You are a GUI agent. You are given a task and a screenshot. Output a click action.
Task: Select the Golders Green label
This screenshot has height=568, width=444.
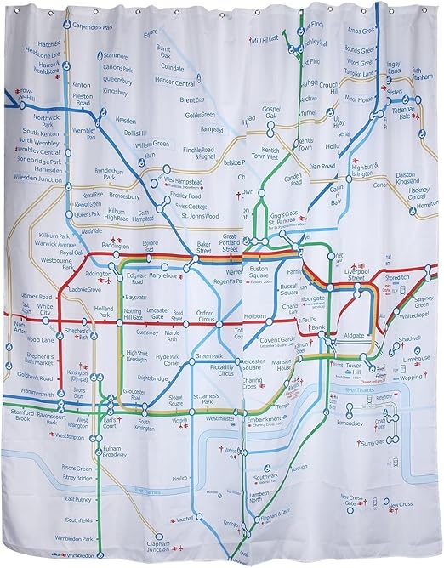coord(200,115)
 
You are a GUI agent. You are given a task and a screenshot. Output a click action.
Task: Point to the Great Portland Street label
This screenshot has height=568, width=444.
coord(228,241)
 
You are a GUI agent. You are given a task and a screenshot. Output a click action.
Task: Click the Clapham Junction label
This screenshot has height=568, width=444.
coord(151,547)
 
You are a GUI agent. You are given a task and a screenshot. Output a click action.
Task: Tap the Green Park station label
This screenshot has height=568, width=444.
coord(208,355)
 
